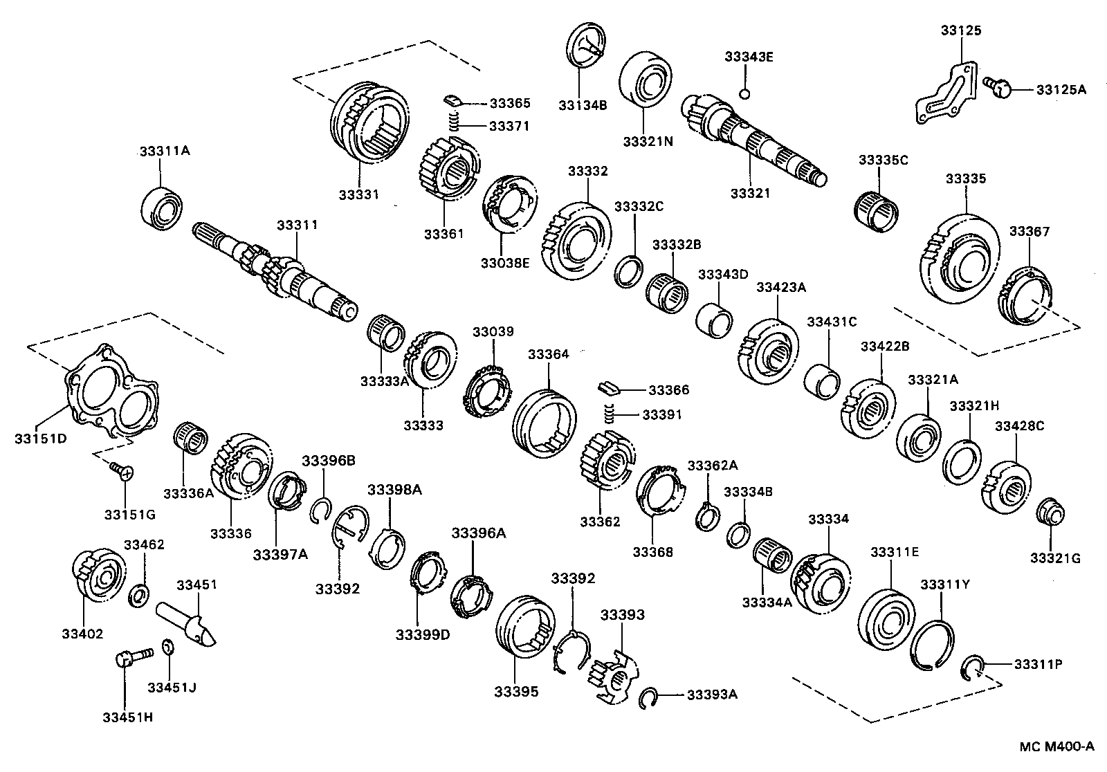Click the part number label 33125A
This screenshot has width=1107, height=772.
1061,89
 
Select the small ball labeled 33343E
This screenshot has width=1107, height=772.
744,93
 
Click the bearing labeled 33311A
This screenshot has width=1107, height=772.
163,205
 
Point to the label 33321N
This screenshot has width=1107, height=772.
648,141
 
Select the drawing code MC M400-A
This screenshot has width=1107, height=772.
1056,746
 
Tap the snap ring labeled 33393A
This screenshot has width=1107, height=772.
649,697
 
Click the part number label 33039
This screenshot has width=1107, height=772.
493,331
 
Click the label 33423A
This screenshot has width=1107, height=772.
780,287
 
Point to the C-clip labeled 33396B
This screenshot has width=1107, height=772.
318,510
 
